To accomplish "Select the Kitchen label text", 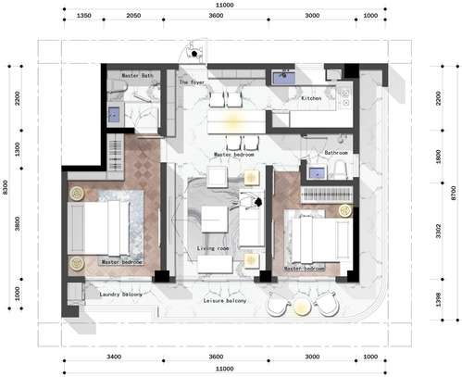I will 311,97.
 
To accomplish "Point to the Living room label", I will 214,248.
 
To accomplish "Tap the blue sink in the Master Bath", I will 115,115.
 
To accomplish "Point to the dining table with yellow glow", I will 229,121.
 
